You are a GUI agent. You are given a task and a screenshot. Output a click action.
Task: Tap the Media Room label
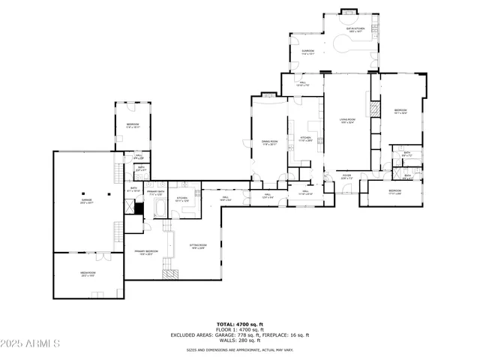[x=88, y=274]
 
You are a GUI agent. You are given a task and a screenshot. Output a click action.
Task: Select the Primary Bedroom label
[x=146, y=252]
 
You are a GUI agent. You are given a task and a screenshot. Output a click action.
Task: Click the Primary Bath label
[x=156, y=193]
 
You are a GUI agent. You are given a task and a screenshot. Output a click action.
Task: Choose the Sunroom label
[x=307, y=52]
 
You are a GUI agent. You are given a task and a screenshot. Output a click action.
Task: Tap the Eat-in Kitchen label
[x=355, y=31]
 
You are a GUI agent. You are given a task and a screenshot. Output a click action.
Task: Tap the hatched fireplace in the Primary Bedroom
[x=172, y=274]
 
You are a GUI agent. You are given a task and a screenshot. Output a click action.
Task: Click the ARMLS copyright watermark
[x=31, y=344]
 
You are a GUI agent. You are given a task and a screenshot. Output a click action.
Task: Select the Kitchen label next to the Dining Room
[x=305, y=139]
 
